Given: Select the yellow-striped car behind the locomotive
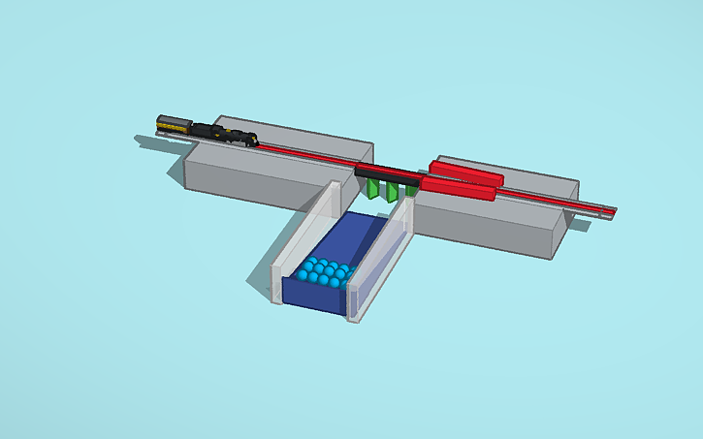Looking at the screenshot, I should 174,123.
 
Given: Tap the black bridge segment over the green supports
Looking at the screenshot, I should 386,175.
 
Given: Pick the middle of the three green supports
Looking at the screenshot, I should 392,192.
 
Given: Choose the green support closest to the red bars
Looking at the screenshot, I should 411,190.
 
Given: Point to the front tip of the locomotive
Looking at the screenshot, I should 256,141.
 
